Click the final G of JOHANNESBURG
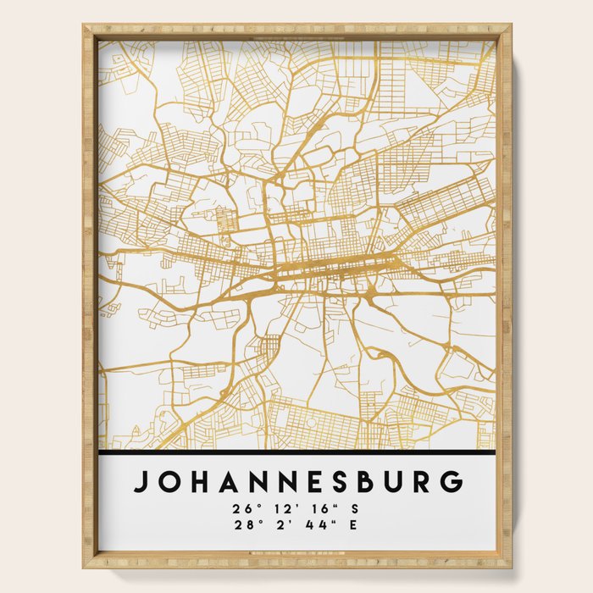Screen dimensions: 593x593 coord(454,481)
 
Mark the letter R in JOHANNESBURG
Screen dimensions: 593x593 coord(426,481)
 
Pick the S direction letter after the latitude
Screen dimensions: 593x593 coord(356,509)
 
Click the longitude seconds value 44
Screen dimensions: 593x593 coord(312,525)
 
